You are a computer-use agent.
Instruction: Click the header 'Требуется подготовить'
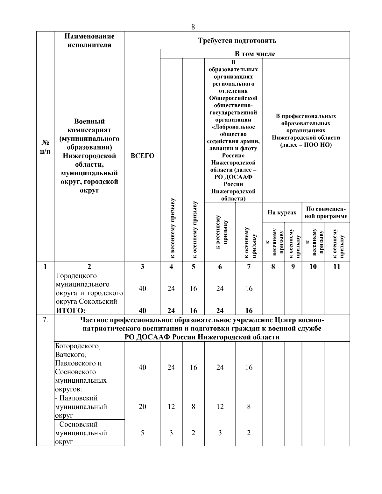pos(237,40)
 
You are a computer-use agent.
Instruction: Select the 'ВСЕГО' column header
pos(142,156)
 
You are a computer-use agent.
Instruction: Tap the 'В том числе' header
pos(255,54)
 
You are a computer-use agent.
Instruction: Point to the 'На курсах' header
pos(282,212)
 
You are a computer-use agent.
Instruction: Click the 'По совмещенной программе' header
pos(326,212)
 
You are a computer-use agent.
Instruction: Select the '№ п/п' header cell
pos(45,147)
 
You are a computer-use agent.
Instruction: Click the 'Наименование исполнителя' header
pos(89,40)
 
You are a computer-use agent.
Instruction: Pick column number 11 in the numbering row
pos(337,267)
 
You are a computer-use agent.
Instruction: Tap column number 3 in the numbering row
pos(142,267)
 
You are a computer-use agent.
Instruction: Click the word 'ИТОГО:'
pos(71,310)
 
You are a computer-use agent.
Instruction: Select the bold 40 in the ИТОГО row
pos(142,310)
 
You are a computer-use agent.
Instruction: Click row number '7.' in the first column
pos(45,320)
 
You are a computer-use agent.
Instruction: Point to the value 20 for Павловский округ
pos(142,407)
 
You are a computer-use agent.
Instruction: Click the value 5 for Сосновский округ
pos(142,433)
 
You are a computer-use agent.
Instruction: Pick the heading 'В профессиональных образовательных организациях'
pos(306,130)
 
